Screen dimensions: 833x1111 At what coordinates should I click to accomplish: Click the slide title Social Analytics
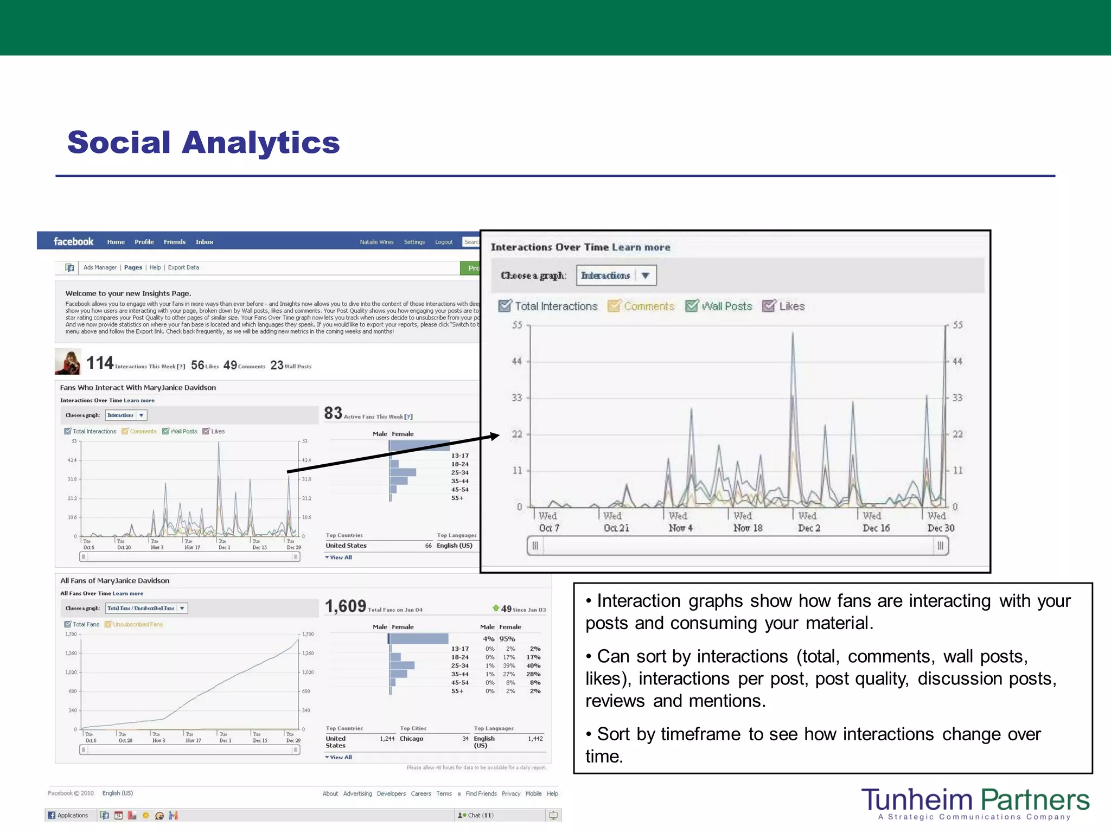pyautogui.click(x=203, y=143)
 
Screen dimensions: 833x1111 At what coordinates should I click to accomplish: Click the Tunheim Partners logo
pyautogui.click(x=975, y=803)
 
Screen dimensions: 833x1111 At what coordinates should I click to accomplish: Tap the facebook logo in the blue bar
pyautogui.click(x=73, y=242)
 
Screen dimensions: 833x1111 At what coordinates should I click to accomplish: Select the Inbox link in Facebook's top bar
pyautogui.click(x=204, y=242)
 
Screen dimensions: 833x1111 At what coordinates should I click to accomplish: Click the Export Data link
pyautogui.click(x=183, y=267)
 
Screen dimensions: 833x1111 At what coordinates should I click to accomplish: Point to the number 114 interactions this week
pyautogui.click(x=100, y=363)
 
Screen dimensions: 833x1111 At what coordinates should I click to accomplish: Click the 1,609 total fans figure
pyautogui.click(x=346, y=606)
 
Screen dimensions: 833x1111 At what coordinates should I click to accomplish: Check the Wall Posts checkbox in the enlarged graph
pyautogui.click(x=692, y=306)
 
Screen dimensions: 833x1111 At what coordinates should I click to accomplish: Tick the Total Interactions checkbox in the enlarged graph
pyautogui.click(x=505, y=306)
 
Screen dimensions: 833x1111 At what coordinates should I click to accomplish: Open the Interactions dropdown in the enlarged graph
pyautogui.click(x=645, y=275)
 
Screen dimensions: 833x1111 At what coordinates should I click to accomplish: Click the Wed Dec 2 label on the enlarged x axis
pyautogui.click(x=808, y=522)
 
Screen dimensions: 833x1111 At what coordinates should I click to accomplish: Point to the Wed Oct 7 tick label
pyautogui.click(x=548, y=522)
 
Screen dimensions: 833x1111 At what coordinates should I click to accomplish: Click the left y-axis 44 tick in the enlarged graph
pyautogui.click(x=516, y=361)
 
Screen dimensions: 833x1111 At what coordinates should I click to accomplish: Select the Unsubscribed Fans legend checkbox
pyautogui.click(x=108, y=624)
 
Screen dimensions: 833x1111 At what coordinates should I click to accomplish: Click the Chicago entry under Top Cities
pyautogui.click(x=411, y=739)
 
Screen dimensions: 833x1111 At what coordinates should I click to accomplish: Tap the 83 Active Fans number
pyautogui.click(x=333, y=413)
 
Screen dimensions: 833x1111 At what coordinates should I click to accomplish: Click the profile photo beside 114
pyautogui.click(x=68, y=362)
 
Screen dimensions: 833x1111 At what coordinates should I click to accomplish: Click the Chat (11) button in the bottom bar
pyautogui.click(x=476, y=815)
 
